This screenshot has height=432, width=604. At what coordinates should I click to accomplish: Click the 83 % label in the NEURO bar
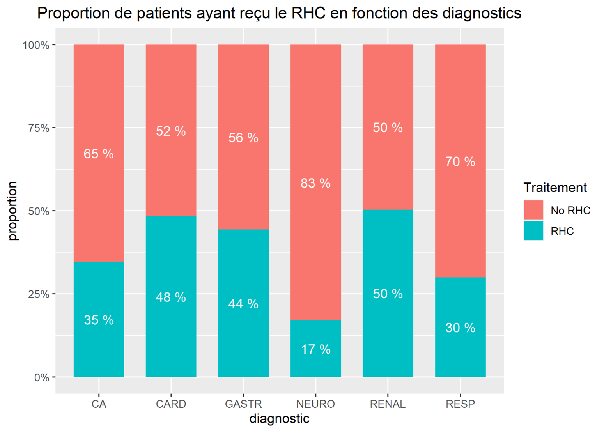coord(315,183)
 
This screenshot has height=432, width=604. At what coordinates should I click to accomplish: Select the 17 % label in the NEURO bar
coord(315,349)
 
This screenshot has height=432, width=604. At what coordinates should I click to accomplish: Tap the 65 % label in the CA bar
coord(99,154)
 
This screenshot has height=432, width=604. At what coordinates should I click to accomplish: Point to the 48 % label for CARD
coord(171,297)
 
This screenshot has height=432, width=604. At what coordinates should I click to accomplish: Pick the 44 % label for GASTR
coord(243,304)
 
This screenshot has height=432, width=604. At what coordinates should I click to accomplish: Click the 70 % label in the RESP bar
coord(460,161)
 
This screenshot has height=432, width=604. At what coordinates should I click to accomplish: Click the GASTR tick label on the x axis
coord(243,404)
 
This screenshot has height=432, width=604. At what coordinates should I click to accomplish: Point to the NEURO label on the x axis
coord(315,404)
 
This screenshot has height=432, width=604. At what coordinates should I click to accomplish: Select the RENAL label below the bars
coord(388,404)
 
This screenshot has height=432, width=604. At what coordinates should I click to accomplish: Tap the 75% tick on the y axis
coord(39,128)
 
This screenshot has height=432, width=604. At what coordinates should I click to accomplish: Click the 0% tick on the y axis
coord(42,377)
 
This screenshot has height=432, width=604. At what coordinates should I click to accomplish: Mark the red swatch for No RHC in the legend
coord(533,210)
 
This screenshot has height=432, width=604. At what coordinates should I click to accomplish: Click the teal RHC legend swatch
coord(533,231)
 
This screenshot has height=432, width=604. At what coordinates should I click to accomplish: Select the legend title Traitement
coord(555,188)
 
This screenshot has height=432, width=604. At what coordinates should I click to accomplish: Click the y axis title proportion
coord(13,211)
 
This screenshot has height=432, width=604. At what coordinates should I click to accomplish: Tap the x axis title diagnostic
coord(279,419)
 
